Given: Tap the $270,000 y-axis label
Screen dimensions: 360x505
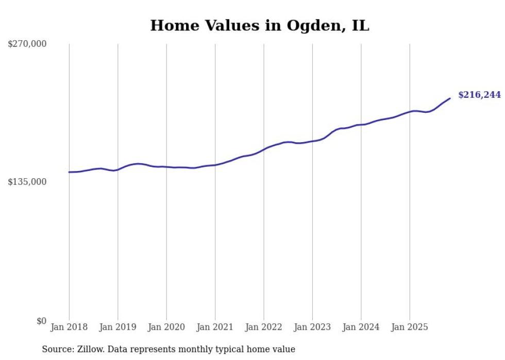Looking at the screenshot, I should tap(27, 44).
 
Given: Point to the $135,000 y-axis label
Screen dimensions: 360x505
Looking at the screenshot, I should tap(27, 182).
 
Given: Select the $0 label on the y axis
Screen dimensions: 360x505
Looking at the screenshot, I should tap(41, 321).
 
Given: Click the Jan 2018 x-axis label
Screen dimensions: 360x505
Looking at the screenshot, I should tap(69, 327).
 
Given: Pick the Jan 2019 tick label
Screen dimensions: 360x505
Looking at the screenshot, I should tap(117, 327).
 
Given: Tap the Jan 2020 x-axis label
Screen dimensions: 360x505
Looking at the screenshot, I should tap(166, 327).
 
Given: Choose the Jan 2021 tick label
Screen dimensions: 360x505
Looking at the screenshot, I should tap(215, 327).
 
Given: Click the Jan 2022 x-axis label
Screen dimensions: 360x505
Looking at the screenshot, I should tap(263, 327).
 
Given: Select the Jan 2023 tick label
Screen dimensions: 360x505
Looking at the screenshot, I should tap(312, 327).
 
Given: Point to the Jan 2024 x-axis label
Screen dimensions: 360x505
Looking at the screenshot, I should tap(361, 327).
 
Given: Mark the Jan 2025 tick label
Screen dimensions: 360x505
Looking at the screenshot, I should tap(410, 327).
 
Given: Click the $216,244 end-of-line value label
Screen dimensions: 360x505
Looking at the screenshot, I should tap(479, 95).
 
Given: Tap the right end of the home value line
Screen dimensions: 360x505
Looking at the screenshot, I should tap(450, 98).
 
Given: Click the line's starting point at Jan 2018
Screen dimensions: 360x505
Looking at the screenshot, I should tap(69, 172).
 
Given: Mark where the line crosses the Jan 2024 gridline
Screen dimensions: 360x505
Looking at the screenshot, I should tap(361, 125).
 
